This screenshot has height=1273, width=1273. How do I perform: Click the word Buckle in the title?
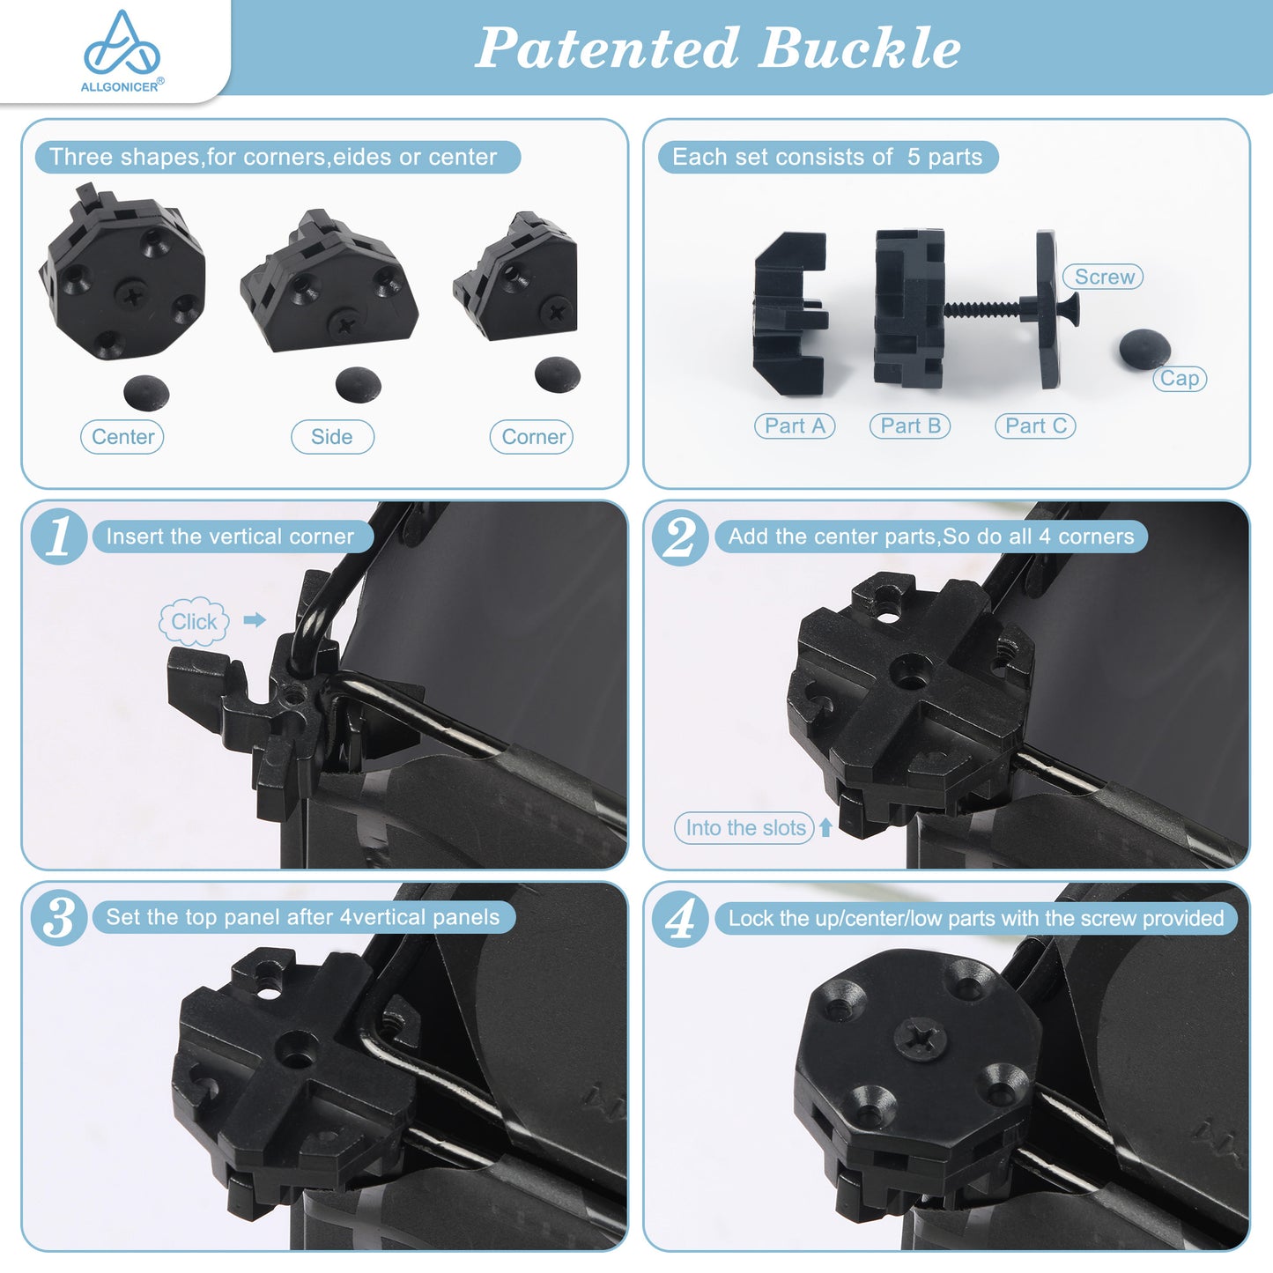point(860,48)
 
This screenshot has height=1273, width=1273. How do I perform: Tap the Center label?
point(122,437)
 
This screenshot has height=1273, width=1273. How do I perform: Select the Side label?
point(332,437)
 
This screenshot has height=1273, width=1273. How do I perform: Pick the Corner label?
point(532,437)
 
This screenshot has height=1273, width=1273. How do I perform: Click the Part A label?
point(795,426)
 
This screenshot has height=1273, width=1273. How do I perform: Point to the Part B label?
point(910,426)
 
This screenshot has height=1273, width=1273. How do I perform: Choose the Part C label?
point(1035,426)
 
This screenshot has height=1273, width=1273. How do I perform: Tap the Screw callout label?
point(1103,277)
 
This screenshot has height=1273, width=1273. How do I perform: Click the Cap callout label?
point(1180,379)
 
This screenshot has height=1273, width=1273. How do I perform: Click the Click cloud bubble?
point(194,621)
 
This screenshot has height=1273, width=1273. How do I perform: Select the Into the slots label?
point(744,828)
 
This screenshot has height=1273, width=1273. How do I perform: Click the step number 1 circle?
point(59,537)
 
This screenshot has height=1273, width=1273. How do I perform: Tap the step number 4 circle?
point(680,918)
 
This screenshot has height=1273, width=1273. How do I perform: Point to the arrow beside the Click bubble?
point(255,620)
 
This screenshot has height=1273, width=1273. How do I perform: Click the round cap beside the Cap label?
point(1144,349)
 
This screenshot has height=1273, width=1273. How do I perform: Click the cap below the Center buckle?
point(146,394)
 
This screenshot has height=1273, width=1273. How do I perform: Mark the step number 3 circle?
point(59,918)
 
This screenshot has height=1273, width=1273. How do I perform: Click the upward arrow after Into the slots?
point(825,828)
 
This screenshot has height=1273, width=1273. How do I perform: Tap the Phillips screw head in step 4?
point(921,1041)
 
